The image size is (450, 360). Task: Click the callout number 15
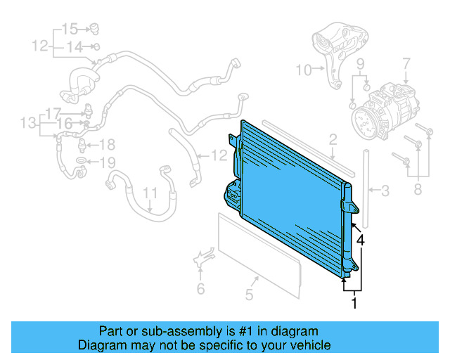(70, 29)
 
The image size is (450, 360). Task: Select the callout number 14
(75, 47)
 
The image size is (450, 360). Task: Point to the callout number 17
(54, 112)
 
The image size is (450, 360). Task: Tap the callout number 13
(27, 124)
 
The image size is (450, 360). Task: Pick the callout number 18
(106, 146)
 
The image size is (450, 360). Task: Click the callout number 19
(106, 163)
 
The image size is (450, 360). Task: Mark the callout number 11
(150, 192)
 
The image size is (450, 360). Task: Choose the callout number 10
(302, 70)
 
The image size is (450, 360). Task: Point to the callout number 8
(418, 188)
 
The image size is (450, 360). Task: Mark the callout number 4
(360, 240)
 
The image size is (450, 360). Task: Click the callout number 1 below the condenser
(354, 303)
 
